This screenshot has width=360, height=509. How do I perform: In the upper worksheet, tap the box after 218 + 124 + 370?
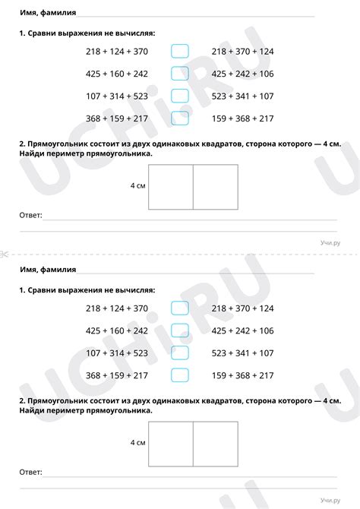pyautogui.click(x=180, y=52)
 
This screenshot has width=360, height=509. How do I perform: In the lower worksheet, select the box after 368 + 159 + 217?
pyautogui.click(x=180, y=375)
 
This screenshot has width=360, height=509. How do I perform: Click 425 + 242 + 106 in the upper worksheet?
pyautogui.click(x=242, y=74)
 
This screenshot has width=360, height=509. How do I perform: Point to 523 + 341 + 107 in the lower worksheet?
pyautogui.click(x=242, y=353)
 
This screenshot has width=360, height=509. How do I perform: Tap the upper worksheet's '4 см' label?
pyautogui.click(x=137, y=185)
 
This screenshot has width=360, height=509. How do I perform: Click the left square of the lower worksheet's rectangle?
pyautogui.click(x=171, y=444)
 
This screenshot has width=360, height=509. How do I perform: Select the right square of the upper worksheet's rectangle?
pyautogui.click(x=215, y=187)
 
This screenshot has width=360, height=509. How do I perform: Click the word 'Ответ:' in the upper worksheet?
pyautogui.click(x=30, y=216)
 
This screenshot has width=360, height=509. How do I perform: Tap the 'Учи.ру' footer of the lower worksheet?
pyautogui.click(x=330, y=500)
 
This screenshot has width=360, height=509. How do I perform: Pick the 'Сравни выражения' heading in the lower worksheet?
pyautogui.click(x=87, y=290)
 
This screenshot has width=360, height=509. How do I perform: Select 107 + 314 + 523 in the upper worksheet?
pyautogui.click(x=117, y=96)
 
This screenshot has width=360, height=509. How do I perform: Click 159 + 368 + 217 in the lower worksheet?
pyautogui.click(x=242, y=375)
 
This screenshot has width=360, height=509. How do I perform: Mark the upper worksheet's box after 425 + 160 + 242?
pyautogui.click(x=180, y=74)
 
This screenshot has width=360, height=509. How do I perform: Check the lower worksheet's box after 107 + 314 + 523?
pyautogui.click(x=180, y=353)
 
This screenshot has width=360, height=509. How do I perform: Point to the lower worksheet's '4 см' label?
pyautogui.click(x=137, y=442)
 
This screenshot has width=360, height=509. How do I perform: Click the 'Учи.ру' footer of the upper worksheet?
pyautogui.click(x=330, y=242)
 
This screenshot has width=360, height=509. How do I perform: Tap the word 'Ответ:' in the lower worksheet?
pyautogui.click(x=30, y=473)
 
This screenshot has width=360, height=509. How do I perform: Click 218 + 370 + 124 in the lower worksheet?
pyautogui.click(x=242, y=308)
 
